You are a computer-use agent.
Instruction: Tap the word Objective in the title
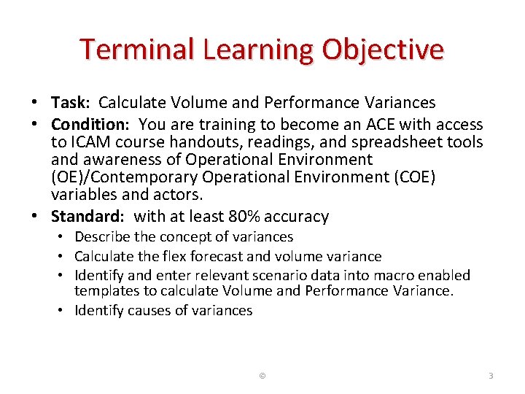pyautogui.click(x=384, y=50)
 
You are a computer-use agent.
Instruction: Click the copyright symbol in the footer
pyautogui.click(x=262, y=376)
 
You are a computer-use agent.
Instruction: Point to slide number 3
pyautogui.click(x=491, y=376)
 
